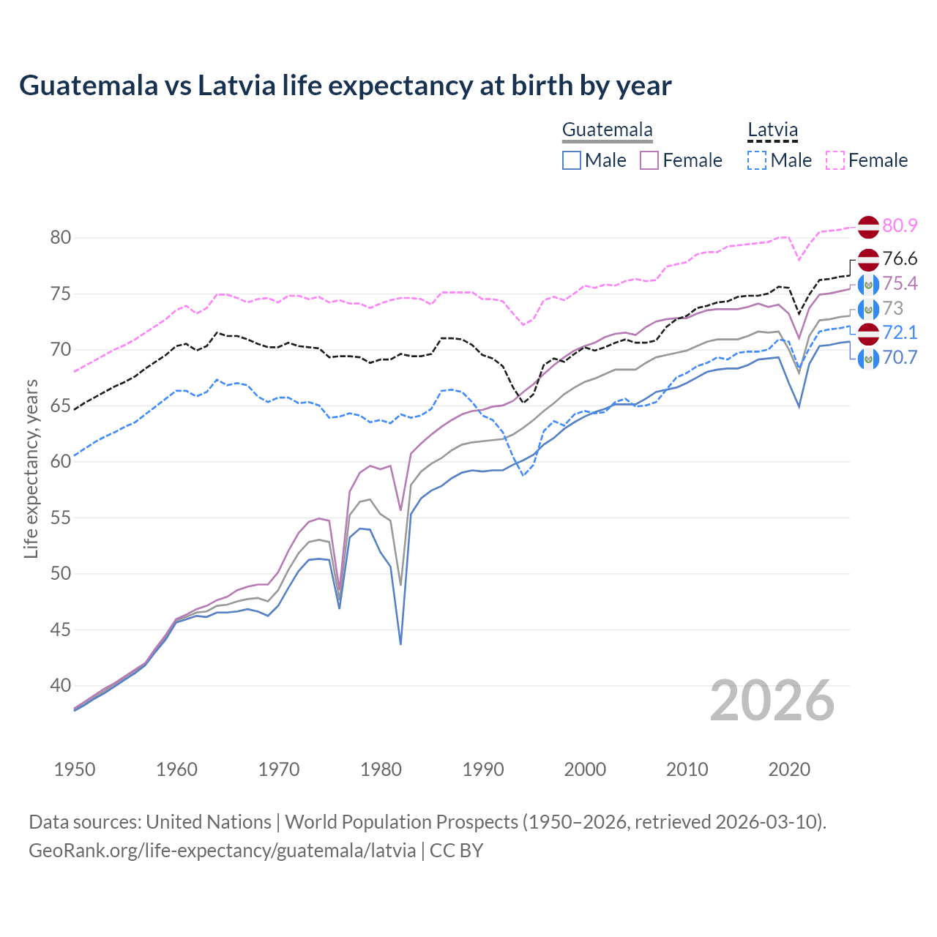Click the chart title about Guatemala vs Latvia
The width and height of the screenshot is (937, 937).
pyautogui.click(x=345, y=86)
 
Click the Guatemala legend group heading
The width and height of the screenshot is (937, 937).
pyautogui.click(x=607, y=130)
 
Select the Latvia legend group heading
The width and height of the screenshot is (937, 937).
pyautogui.click(x=772, y=130)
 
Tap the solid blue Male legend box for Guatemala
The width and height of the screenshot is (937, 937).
pyautogui.click(x=572, y=160)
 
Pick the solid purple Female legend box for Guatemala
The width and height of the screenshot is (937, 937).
pyautogui.click(x=649, y=160)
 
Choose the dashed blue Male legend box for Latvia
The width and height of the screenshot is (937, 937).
pyautogui.click(x=757, y=160)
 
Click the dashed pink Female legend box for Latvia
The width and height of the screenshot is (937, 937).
pyautogui.click(x=835, y=160)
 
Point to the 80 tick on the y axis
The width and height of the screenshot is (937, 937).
pyautogui.click(x=61, y=237)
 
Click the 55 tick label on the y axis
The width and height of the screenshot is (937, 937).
pyautogui.click(x=61, y=518)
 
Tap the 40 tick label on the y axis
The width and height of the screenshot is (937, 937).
pyautogui.click(x=61, y=686)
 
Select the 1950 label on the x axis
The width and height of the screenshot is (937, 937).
pyautogui.click(x=75, y=769)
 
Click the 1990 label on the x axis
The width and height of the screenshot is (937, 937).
pyautogui.click(x=483, y=769)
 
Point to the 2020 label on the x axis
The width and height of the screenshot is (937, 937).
pyautogui.click(x=789, y=769)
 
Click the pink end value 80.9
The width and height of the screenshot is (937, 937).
pyautogui.click(x=900, y=225)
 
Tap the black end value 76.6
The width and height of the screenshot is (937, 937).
pyautogui.click(x=900, y=259)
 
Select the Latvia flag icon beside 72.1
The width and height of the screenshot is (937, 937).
pyautogui.click(x=868, y=333)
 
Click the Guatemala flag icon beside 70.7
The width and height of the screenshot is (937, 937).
pyautogui.click(x=868, y=359)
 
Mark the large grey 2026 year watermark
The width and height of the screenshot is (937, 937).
pyautogui.click(x=772, y=701)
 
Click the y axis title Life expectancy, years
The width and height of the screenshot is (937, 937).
pyautogui.click(x=31, y=468)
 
